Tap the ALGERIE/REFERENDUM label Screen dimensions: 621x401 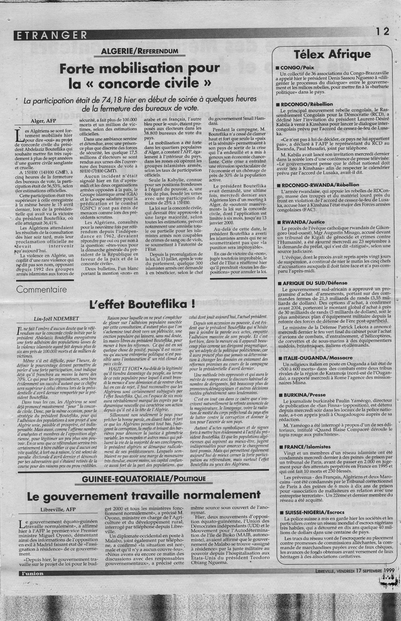pos(139,51)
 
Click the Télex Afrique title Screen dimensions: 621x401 pos(332,54)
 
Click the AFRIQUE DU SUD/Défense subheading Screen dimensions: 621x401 pos(315,283)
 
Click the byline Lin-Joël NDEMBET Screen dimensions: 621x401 pos(54,319)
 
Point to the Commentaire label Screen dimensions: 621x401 pos(41,289)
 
